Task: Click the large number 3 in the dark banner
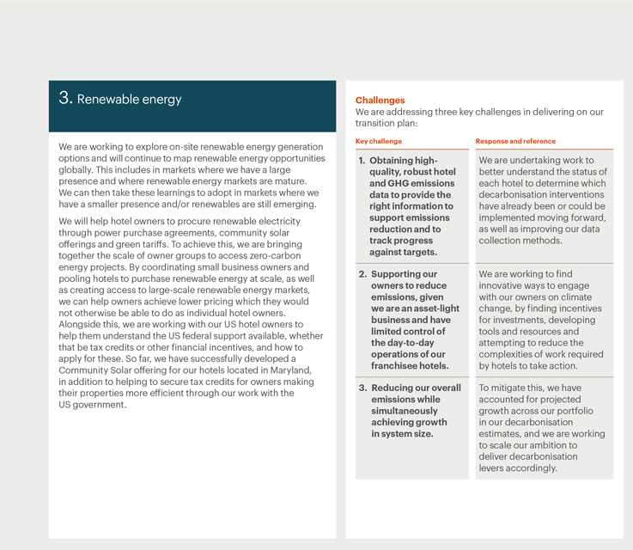point(65,98)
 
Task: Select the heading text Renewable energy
point(129,100)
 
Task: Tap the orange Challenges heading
point(380,101)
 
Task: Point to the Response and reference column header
point(515,141)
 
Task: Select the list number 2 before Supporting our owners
point(362,274)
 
